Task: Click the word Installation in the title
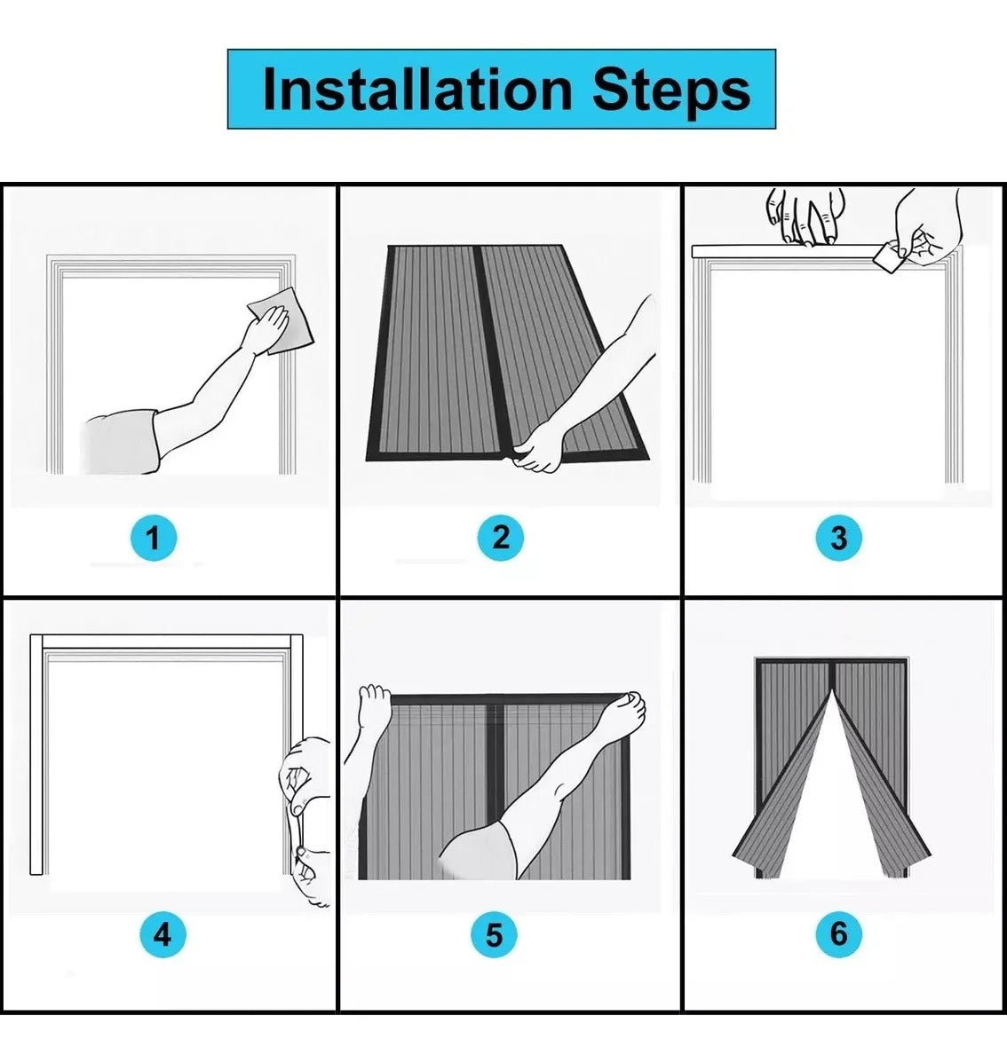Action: pos(417,91)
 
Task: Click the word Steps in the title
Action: pos(672,91)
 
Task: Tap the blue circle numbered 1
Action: pos(154,539)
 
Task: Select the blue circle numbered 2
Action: pos(501,537)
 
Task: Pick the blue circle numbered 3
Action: pos(838,538)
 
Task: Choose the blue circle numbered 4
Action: pos(163,935)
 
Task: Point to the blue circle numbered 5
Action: pos(494,935)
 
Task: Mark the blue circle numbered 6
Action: pos(838,933)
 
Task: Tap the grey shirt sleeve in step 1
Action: pos(121,441)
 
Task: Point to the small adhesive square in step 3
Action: pos(884,257)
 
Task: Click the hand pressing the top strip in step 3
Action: pos(806,216)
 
